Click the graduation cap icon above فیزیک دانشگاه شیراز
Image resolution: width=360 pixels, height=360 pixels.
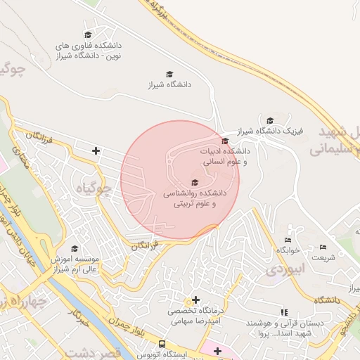point(270,120)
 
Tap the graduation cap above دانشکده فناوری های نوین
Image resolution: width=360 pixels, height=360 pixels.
point(88,34)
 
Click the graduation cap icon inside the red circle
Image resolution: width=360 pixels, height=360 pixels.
point(195,183)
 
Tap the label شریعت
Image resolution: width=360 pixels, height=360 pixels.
point(323,257)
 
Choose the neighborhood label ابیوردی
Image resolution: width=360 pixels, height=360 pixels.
point(288,268)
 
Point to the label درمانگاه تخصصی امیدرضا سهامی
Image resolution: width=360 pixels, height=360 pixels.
point(195,314)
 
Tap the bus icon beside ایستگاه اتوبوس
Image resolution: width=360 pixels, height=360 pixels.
point(162,345)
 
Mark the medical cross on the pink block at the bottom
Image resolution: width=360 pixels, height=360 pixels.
point(217,351)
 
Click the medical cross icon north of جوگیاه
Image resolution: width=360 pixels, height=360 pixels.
point(96,150)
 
